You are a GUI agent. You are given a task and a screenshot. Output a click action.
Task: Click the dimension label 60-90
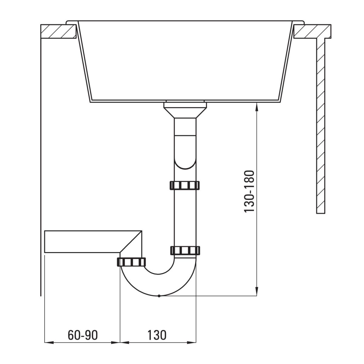coord(83,335)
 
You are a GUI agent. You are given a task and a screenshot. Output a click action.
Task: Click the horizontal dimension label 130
coord(157,335)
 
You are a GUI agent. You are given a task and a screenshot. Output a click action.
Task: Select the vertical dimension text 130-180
coord(249,191)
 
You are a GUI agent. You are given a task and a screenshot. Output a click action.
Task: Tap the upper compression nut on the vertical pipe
coord(185,185)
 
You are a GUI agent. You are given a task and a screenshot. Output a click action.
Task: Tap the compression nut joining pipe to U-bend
coord(185,251)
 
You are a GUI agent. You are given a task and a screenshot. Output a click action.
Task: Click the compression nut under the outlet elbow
coord(131,262)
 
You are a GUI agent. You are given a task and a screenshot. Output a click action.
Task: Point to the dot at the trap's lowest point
coord(159,296)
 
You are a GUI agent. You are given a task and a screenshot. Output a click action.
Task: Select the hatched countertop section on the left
coord(59,31)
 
